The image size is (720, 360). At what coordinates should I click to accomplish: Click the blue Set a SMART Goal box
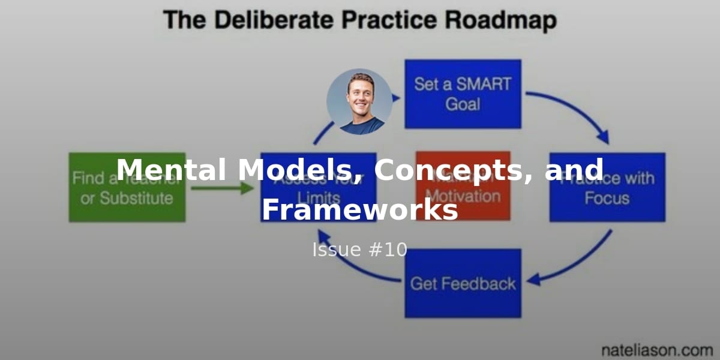tap(463, 94)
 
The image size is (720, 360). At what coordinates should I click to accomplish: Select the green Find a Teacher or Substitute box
tap(127, 187)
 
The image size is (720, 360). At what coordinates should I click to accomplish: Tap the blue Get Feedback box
tap(463, 283)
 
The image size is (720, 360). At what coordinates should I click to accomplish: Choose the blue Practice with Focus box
tap(607, 187)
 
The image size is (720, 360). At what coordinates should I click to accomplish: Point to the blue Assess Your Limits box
tap(319, 187)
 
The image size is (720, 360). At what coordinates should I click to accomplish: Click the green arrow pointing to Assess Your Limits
tap(222, 188)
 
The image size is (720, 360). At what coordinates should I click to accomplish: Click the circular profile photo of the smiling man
tap(359, 101)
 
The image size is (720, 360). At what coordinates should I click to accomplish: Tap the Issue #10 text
tap(359, 250)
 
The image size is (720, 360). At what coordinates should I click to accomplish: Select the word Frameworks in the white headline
tap(359, 211)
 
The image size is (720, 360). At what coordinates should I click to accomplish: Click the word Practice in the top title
tap(389, 20)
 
